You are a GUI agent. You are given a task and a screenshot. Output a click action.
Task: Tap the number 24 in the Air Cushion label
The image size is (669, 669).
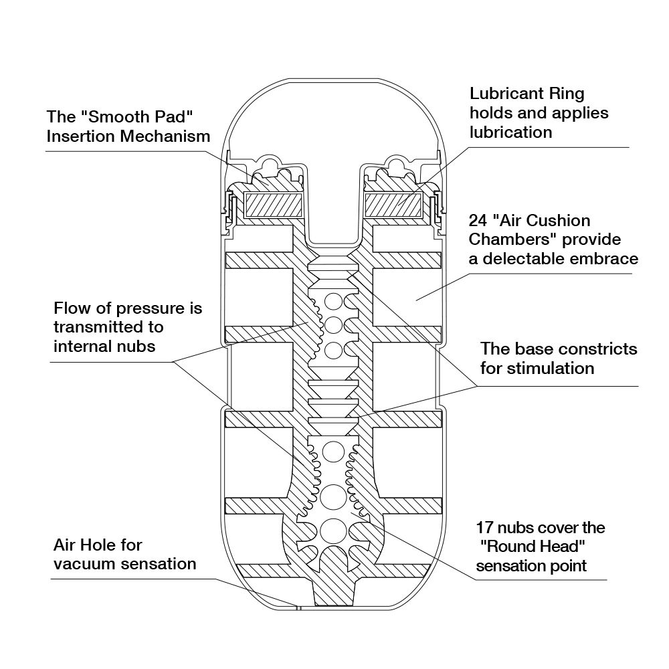click(x=479, y=220)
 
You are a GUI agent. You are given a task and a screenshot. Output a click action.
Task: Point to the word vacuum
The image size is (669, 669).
click(x=86, y=563)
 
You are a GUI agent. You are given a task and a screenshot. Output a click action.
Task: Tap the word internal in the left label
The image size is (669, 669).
click(x=86, y=347)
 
